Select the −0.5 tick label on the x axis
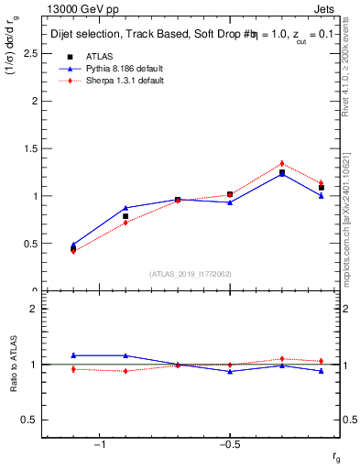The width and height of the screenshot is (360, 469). point(229,444)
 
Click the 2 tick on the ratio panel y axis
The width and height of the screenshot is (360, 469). point(34,309)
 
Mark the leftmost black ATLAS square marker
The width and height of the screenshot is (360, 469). point(73,248)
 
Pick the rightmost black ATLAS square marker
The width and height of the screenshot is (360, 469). point(322,188)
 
